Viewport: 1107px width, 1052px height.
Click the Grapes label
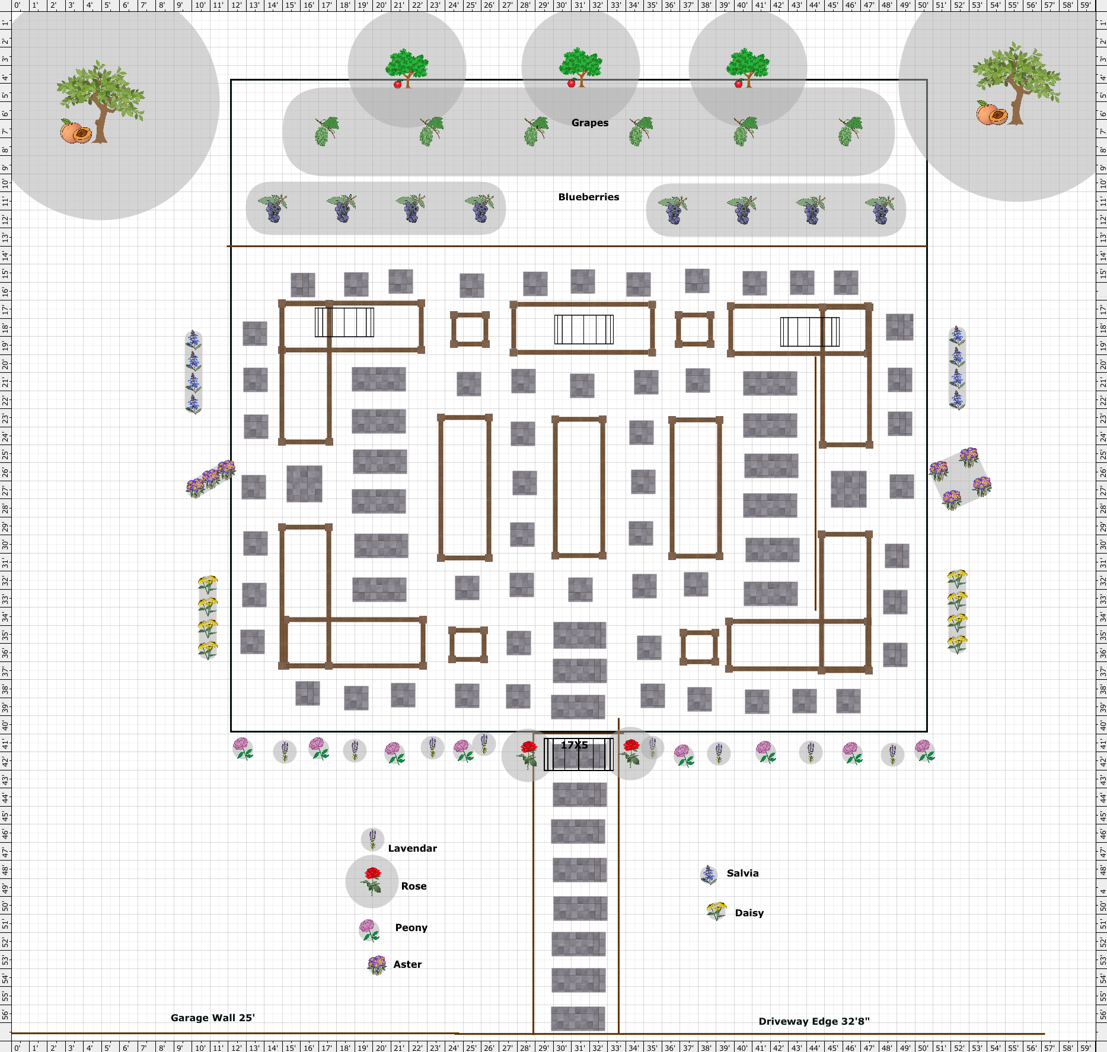point(590,123)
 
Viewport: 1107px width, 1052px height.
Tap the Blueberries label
point(589,197)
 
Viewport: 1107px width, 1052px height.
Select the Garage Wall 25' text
point(213,1018)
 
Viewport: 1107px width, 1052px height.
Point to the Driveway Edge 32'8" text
point(814,1021)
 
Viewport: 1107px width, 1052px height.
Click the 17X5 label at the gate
point(575,745)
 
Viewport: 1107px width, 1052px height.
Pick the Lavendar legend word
point(413,848)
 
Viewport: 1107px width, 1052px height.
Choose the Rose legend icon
point(372,881)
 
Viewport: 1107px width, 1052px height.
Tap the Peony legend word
point(411,928)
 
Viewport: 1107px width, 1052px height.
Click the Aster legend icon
point(377,965)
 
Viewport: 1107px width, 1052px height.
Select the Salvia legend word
point(743,873)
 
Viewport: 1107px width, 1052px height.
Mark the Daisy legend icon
point(717,911)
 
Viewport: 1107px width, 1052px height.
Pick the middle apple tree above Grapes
point(580,68)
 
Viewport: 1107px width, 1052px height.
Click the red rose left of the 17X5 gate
point(528,754)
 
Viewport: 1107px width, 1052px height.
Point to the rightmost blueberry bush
point(880,210)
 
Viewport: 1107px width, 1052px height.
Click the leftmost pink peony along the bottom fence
point(243,749)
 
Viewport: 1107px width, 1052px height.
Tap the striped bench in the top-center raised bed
point(584,330)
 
